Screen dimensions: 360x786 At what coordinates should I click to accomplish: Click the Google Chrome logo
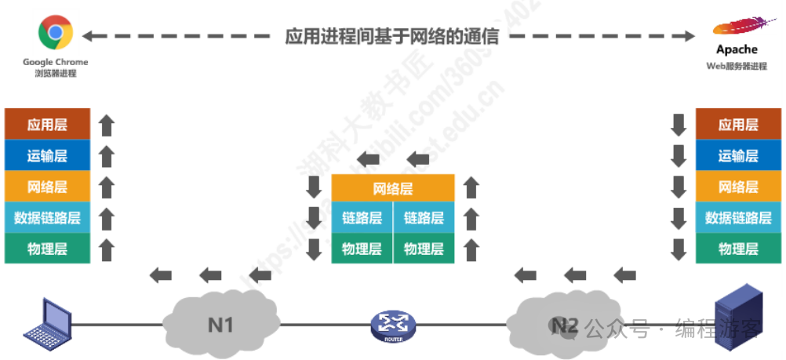pos(55,34)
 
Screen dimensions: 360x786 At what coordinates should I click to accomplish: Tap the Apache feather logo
pos(741,27)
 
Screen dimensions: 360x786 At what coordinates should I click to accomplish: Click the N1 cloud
pos(220,322)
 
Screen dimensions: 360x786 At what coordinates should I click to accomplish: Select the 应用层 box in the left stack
pos(48,125)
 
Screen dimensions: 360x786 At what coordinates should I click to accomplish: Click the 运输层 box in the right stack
pos(738,156)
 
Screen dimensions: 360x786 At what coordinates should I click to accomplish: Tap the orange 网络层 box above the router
pos(392,189)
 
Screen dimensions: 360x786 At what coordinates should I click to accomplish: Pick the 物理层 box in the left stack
pos(48,249)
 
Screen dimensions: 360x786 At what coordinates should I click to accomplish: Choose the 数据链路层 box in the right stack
pos(738,218)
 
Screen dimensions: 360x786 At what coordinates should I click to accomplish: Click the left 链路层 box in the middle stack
pos(362,218)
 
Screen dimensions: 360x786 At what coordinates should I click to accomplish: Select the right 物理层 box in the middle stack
pos(424,249)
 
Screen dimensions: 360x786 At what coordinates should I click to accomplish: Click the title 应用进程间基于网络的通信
pos(392,35)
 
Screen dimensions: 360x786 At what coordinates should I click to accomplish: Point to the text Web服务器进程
pos(737,67)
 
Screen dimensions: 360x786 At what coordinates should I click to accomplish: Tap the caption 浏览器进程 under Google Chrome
pos(56,74)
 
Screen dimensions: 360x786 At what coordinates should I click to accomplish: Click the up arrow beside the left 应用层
pos(107,125)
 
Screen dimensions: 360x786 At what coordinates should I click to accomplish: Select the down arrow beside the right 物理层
pos(679,250)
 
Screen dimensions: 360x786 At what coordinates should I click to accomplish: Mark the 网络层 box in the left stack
pos(48,187)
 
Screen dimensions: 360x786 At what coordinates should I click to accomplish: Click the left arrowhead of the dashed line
pos(89,35)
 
